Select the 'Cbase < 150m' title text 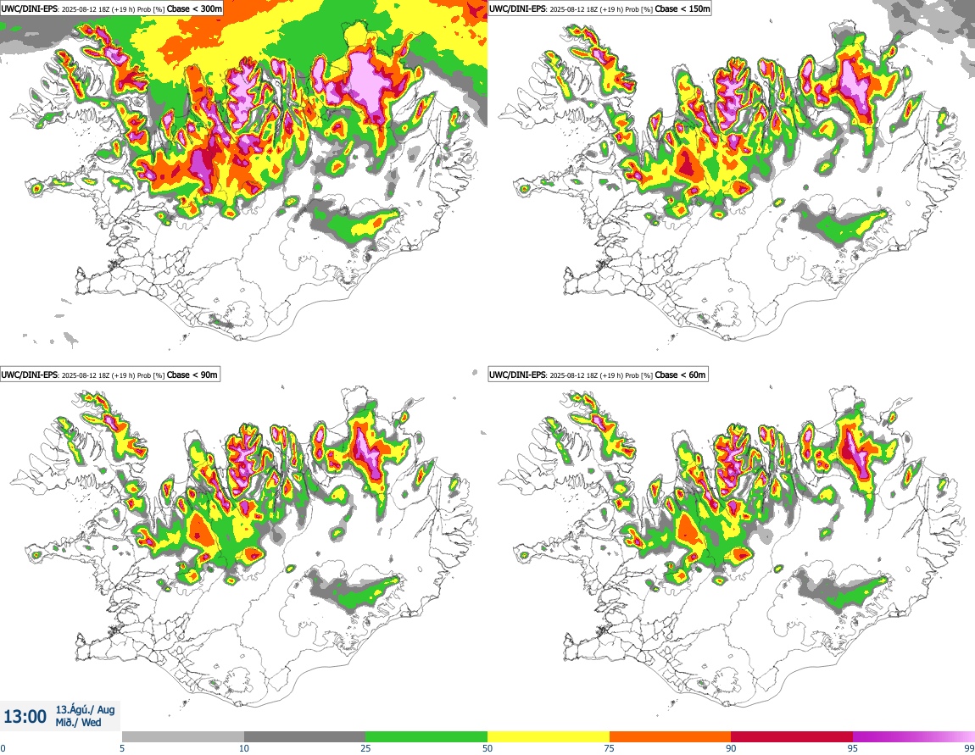688,8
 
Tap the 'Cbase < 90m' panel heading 192,375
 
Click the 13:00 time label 25,717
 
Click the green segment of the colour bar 426,736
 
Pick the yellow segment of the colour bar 549,736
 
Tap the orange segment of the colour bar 670,736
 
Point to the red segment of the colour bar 792,736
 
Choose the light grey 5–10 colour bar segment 183,736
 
